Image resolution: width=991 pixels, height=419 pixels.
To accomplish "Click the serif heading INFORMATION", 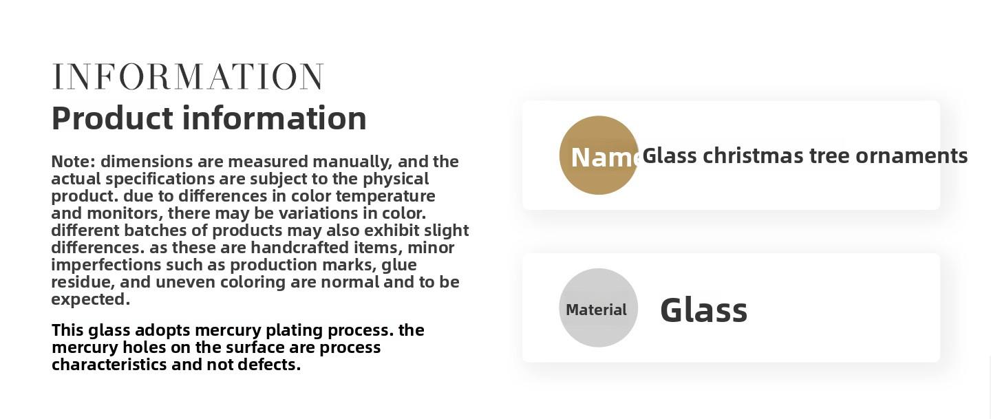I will coord(187,77).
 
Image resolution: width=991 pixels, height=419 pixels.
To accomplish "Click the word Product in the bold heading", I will coord(112,118).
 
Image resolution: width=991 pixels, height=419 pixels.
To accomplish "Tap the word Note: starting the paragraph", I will coord(74,162).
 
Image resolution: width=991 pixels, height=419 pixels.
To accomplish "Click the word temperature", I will coord(385,196).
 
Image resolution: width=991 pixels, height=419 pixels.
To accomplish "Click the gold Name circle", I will coord(599,155).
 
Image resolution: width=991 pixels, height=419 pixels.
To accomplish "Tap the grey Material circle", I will coord(598,308).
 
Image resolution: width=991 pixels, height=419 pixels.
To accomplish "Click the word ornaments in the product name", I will coord(911,156).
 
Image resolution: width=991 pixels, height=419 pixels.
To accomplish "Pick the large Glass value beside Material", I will coord(703,310).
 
